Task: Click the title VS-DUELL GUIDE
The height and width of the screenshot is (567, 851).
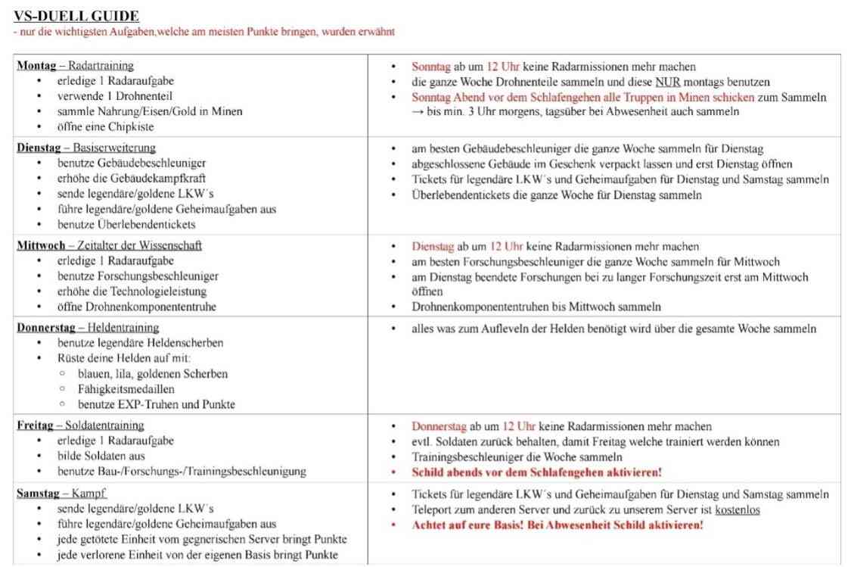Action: point(76,16)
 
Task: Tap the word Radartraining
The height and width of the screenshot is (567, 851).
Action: point(101,65)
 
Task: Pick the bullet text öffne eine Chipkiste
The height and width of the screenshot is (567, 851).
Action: point(104,126)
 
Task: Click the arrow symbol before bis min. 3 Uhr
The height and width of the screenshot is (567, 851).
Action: point(418,111)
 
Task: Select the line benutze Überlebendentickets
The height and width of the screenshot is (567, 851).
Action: point(126,224)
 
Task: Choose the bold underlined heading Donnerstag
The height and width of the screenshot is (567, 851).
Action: point(46,327)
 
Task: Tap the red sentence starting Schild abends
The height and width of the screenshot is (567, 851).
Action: point(536,472)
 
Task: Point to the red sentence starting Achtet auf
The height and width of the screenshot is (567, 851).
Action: point(557,525)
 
